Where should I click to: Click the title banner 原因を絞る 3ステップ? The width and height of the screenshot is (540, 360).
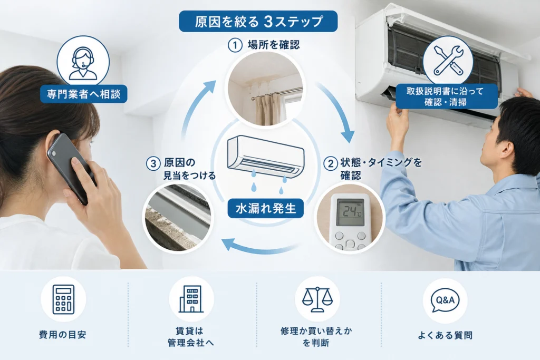point(258,21)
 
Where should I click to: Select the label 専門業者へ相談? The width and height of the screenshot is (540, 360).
point(84,94)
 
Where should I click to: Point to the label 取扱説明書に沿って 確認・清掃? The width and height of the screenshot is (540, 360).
point(446,96)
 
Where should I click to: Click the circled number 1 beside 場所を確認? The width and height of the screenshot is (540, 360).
point(235,45)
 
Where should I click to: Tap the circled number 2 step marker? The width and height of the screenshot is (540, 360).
point(331,163)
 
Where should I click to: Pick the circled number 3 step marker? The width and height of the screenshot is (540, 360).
point(153,163)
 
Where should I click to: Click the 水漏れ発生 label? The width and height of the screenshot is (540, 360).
point(266,208)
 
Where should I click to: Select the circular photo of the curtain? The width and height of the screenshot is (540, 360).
point(266,89)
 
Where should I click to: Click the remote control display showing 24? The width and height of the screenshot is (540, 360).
point(350,212)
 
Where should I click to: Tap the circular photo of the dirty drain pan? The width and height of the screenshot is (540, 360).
point(178,218)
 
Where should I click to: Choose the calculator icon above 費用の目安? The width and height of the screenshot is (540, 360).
point(63,299)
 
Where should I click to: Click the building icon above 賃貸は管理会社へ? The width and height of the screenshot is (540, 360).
point(191,299)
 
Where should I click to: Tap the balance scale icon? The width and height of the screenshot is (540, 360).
point(317,299)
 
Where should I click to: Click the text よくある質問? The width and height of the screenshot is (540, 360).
point(445,335)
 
